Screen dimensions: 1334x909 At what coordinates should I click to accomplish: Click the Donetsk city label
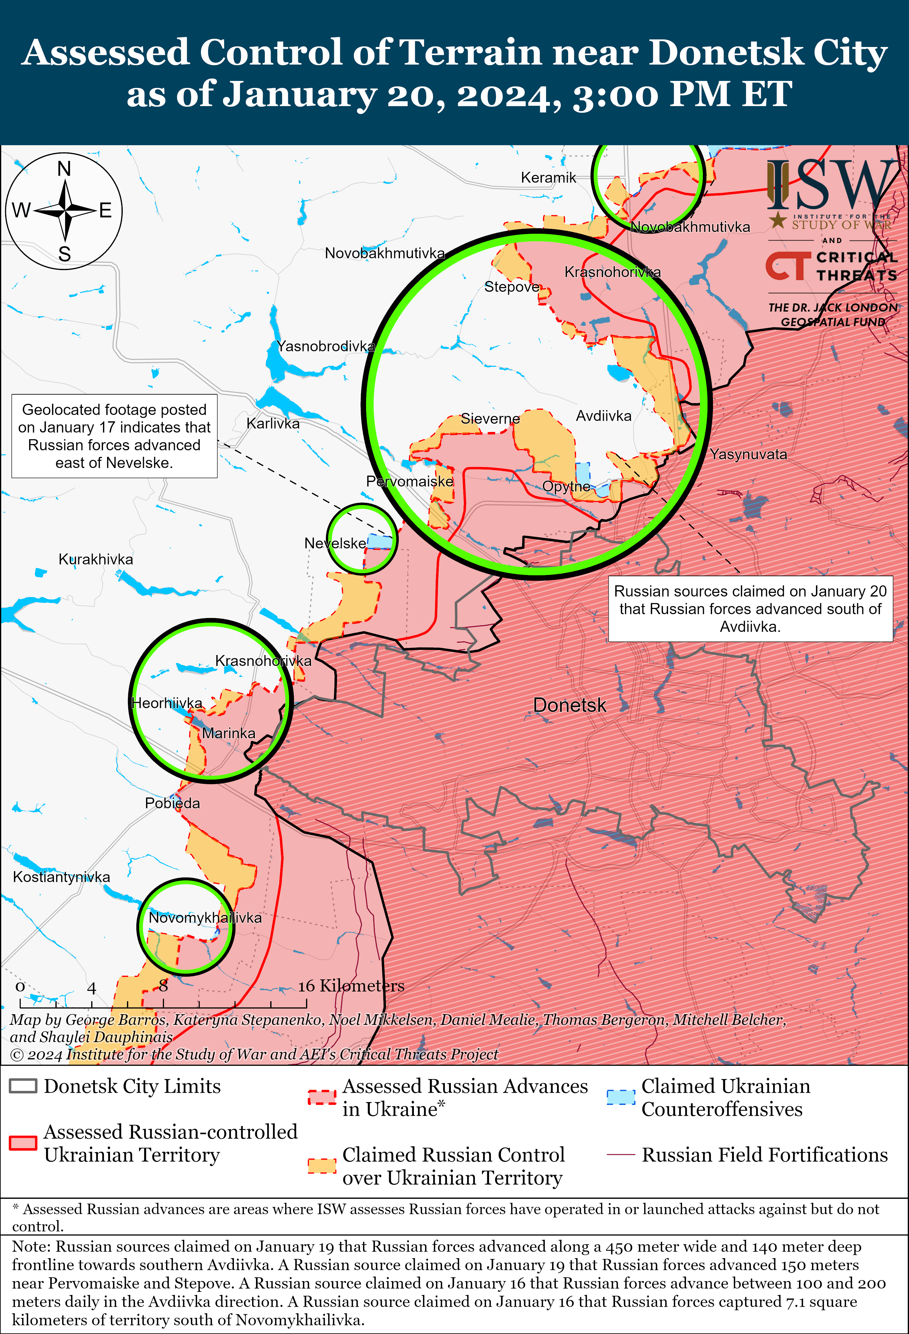click(x=569, y=705)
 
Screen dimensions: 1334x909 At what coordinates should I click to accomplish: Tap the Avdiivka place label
click(x=603, y=416)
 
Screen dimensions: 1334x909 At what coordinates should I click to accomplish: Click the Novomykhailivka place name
click(x=205, y=917)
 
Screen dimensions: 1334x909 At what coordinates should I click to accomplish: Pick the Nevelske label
click(x=335, y=543)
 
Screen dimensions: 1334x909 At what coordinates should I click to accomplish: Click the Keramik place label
click(x=548, y=177)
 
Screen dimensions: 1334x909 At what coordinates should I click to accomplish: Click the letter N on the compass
click(x=64, y=169)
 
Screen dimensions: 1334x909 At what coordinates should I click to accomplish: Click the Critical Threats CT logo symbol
click(x=787, y=266)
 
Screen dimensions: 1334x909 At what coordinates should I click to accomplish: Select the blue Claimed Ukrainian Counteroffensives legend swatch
click(x=620, y=1097)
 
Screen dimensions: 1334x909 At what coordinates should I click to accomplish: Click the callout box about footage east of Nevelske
click(x=114, y=436)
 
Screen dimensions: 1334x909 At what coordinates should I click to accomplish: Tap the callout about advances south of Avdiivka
click(x=750, y=608)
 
